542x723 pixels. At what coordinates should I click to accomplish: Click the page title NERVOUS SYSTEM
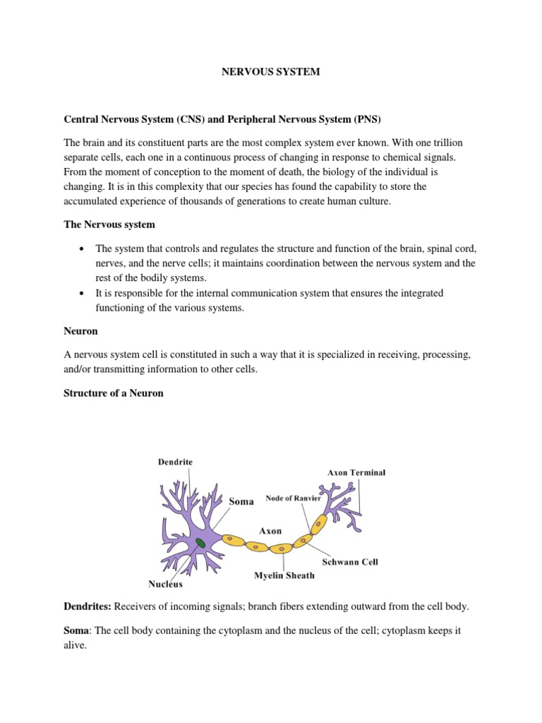[x=270, y=73]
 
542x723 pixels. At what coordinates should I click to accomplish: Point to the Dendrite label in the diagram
[x=174, y=462]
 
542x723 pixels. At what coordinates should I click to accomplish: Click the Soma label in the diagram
[x=242, y=501]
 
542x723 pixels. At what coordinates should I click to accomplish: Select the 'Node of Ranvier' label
[x=293, y=498]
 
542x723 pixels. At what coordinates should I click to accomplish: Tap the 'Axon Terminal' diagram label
[x=356, y=472]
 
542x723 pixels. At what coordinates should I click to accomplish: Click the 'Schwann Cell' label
[x=350, y=562]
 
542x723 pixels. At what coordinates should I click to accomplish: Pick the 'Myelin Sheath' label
[x=284, y=575]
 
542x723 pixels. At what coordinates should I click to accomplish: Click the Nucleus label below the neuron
[x=165, y=584]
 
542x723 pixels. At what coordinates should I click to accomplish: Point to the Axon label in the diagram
[x=271, y=530]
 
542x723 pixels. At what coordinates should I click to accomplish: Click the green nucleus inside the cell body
[x=201, y=543]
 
